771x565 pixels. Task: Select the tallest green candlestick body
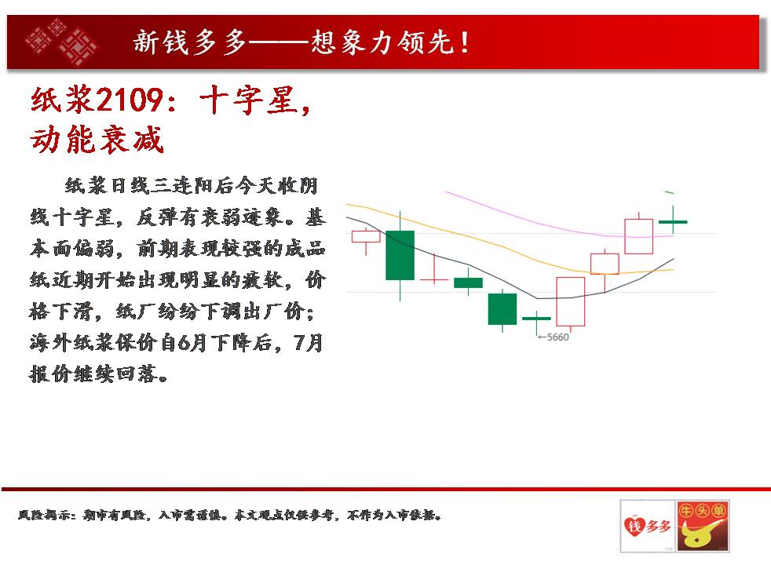click(400, 255)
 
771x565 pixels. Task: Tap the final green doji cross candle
click(673, 222)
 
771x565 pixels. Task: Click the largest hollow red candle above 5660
click(570, 301)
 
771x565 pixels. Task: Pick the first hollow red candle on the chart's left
click(366, 236)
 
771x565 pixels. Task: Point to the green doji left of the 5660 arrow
click(536, 319)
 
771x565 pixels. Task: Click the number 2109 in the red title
click(130, 100)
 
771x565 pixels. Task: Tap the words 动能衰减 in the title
click(97, 139)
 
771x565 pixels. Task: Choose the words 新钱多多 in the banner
click(189, 42)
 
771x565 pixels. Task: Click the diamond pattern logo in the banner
click(61, 42)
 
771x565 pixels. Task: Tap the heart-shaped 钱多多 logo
click(647, 527)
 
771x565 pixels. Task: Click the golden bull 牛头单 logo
click(703, 527)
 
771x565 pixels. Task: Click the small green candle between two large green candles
click(468, 282)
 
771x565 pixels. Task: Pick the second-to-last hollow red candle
click(605, 264)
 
